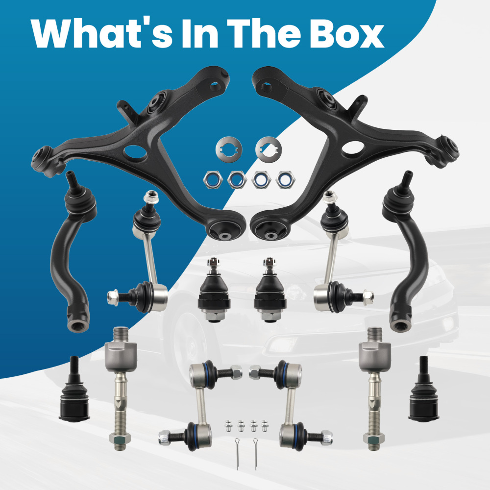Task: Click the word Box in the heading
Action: [347, 33]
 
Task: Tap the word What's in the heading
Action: [101, 33]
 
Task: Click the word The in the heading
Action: [264, 33]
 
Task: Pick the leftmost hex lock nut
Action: [213, 180]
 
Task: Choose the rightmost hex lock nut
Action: [285, 180]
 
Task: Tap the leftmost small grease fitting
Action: [229, 426]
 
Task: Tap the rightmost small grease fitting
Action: [265, 426]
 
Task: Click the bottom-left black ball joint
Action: [74, 394]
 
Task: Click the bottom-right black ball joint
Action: [424, 394]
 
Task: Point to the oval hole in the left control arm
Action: [135, 153]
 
